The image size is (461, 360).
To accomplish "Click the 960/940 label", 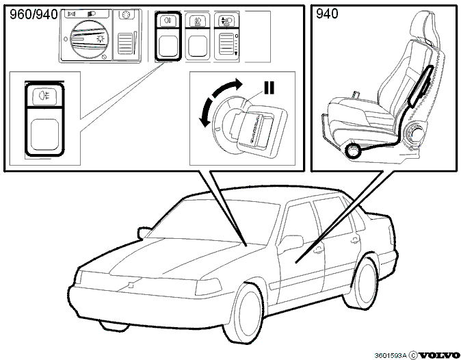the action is click(34, 14).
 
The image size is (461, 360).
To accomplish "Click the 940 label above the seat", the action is click(327, 14).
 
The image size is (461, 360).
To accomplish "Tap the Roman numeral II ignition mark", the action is click(269, 88).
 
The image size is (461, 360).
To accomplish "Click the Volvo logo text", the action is click(438, 355).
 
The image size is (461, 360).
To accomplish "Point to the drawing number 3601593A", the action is click(390, 356).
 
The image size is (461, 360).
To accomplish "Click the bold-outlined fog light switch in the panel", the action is click(168, 36).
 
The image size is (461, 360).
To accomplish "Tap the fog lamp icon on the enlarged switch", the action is click(44, 96).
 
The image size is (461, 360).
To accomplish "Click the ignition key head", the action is click(260, 130).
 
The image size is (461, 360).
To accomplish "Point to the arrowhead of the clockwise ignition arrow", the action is click(239, 83).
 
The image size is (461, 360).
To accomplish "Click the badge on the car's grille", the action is click(131, 285).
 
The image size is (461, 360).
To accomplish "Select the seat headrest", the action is click(426, 28).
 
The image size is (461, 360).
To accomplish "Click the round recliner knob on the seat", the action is click(414, 135).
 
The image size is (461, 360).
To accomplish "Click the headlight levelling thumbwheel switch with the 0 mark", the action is click(226, 36).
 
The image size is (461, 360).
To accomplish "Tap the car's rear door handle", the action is click(355, 240).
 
